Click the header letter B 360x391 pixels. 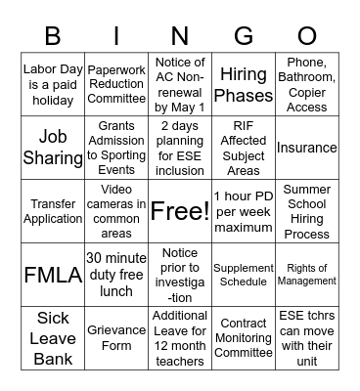pyautogui.click(x=52, y=37)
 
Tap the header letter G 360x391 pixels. pyautogui.click(x=244, y=37)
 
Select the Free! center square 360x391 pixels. pyautogui.click(x=180, y=210)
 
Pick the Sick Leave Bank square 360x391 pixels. pyautogui.click(x=53, y=336)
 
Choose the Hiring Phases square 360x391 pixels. pyautogui.click(x=244, y=86)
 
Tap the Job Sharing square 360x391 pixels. pyautogui.click(x=53, y=148)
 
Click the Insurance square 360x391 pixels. pyautogui.click(x=307, y=148)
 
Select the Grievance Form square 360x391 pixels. pyautogui.click(x=116, y=336)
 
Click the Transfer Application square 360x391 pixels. pyautogui.click(x=53, y=210)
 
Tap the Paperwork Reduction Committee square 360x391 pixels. pyautogui.click(x=116, y=86)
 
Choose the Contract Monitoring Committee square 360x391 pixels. pyautogui.click(x=244, y=336)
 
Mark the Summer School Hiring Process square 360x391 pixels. pyautogui.click(x=307, y=210)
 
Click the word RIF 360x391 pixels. pyautogui.click(x=244, y=126)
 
